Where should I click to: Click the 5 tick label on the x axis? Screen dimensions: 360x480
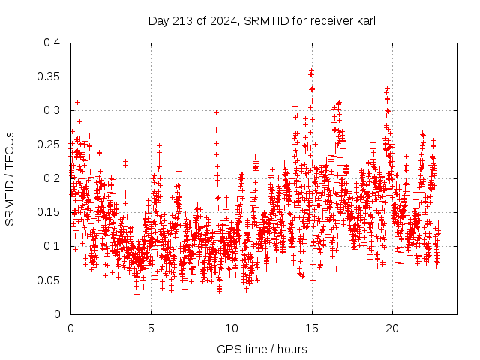click(x=151, y=328)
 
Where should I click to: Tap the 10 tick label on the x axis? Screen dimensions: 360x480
click(x=232, y=328)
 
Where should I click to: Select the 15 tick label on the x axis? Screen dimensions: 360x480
click(x=312, y=328)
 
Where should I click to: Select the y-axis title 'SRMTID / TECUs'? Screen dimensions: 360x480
click(x=10, y=178)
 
